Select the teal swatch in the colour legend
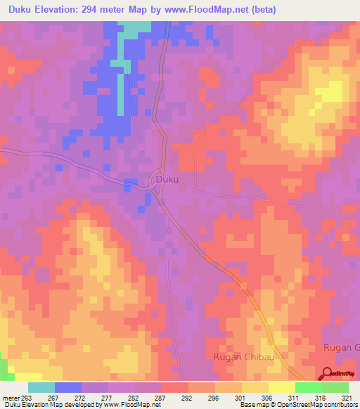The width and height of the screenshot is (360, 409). [41, 387]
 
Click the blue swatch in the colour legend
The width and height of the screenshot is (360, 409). [67, 387]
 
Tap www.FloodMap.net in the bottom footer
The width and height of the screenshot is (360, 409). [130, 405]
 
